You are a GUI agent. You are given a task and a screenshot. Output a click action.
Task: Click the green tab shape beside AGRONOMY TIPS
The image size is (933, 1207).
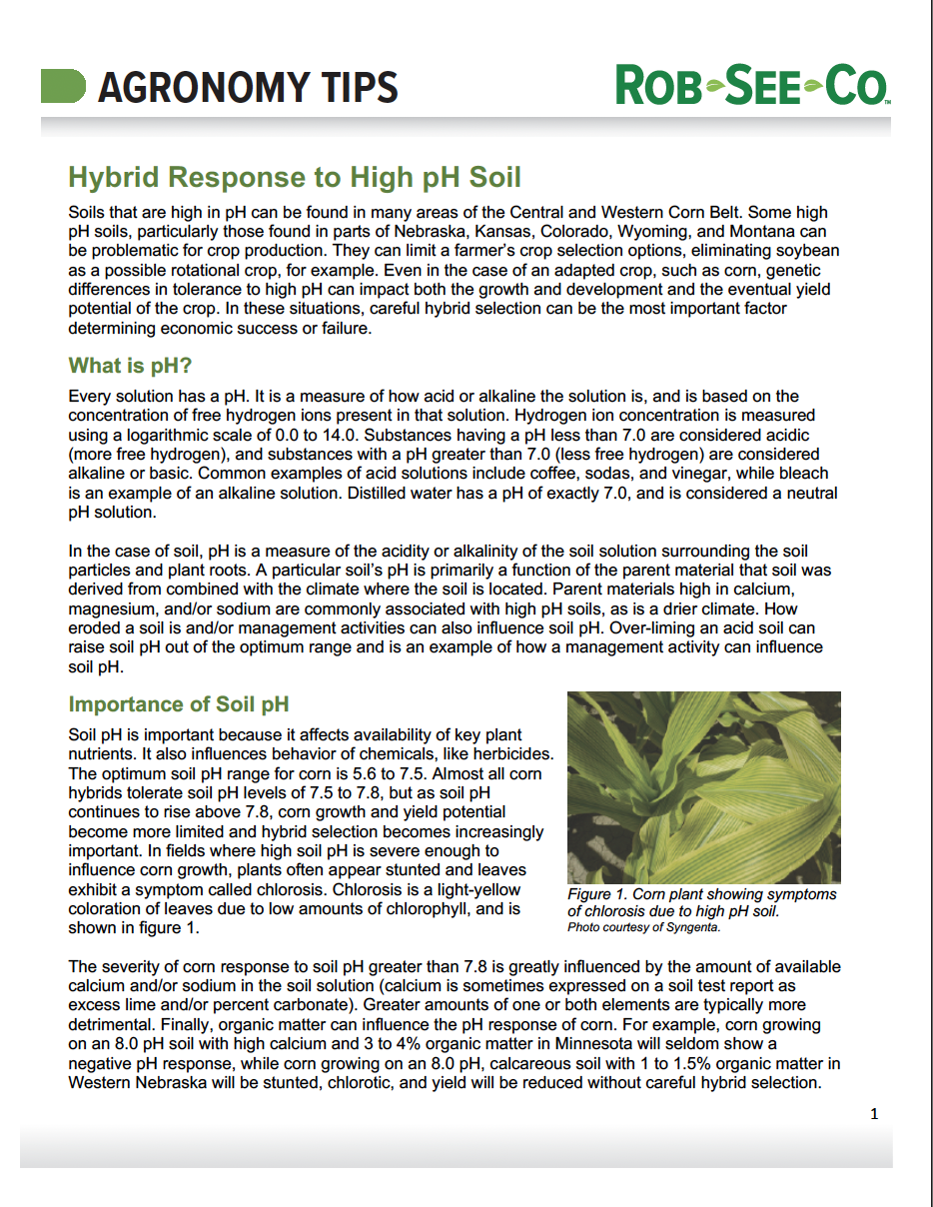pos(62,87)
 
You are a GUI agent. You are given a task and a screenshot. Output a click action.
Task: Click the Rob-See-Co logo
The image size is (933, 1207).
pos(752,86)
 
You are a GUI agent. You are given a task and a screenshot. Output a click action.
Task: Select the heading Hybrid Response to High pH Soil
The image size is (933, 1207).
pos(295,178)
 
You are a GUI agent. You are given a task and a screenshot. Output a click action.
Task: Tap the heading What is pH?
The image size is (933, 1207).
pos(130,366)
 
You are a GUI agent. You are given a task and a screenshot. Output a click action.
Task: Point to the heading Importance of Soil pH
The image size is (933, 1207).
pos(179,704)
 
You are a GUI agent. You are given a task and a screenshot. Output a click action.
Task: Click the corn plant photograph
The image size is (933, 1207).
pos(703,786)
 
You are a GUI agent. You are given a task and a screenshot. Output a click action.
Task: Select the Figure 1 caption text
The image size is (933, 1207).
pos(701,902)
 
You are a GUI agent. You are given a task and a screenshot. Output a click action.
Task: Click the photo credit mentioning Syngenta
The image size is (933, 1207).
pos(643,927)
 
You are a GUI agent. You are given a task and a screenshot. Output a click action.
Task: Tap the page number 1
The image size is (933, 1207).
pos(874,1114)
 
